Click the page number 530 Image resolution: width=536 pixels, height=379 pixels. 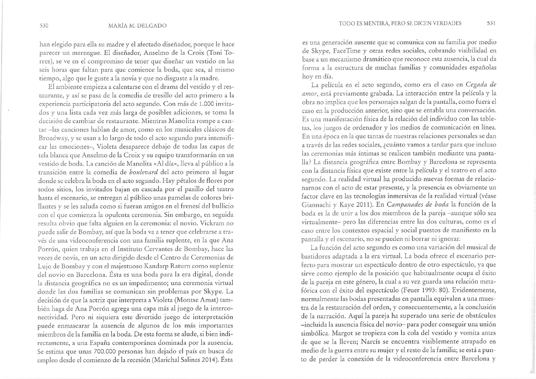pyautogui.click(x=44, y=26)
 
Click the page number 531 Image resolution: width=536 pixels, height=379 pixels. pyautogui.click(x=491, y=23)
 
